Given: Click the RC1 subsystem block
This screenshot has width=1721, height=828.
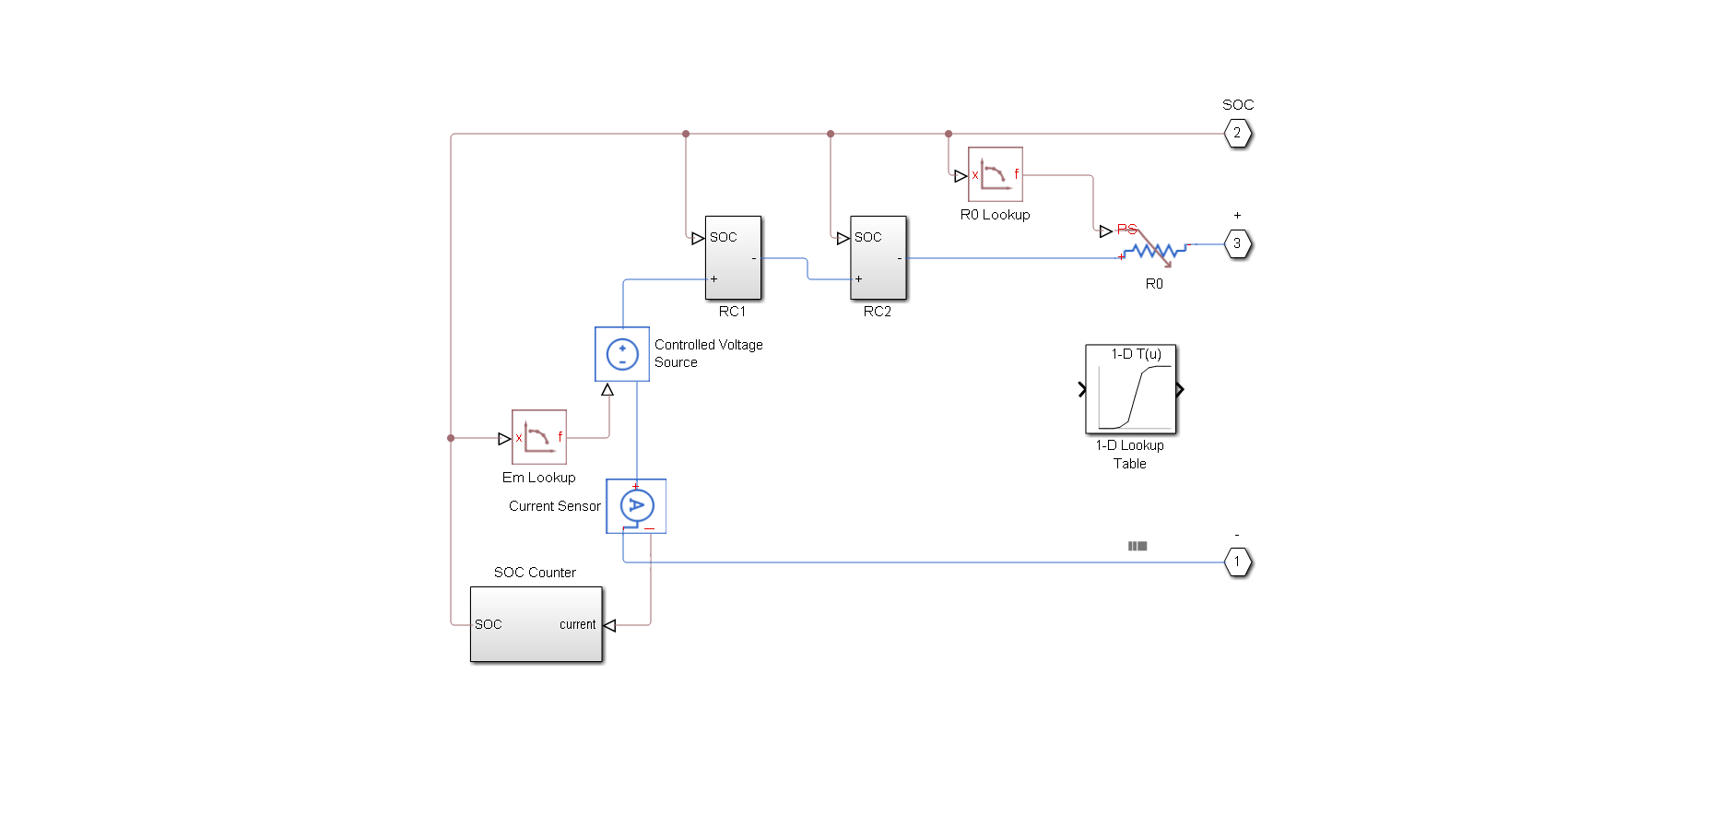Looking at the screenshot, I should click(x=733, y=258).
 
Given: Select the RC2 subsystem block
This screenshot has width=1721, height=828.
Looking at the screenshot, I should click(x=878, y=258).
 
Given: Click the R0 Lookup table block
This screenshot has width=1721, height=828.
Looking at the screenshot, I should click(x=995, y=174).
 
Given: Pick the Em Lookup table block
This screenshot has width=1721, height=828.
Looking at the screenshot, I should click(x=538, y=437).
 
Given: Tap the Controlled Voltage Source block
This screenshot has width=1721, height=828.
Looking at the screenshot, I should click(x=622, y=354).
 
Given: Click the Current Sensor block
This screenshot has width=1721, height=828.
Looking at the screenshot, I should click(x=636, y=505).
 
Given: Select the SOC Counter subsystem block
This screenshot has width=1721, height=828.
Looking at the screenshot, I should click(x=536, y=624).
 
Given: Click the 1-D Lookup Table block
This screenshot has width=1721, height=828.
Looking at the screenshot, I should click(x=1130, y=389).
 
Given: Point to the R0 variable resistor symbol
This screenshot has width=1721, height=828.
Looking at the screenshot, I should click(x=1153, y=250).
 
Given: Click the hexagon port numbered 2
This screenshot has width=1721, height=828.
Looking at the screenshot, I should click(x=1237, y=134).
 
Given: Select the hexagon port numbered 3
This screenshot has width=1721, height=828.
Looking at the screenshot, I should click(x=1237, y=244).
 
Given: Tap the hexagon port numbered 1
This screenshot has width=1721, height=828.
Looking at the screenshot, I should click(x=1237, y=562).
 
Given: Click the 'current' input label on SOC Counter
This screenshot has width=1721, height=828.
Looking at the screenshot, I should click(x=577, y=624).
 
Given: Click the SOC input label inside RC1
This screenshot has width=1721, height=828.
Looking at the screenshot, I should click(x=724, y=237).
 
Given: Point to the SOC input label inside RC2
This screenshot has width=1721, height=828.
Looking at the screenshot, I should click(x=868, y=237).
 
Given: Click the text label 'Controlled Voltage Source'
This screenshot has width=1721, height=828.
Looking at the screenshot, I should click(x=708, y=353).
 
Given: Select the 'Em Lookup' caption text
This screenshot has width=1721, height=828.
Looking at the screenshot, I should click(x=538, y=478).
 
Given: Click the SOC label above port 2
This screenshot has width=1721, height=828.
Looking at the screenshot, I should click(x=1238, y=105).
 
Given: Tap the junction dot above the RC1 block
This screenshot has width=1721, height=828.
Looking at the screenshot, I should click(x=686, y=134).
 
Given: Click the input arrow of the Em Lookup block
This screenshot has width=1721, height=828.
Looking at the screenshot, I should click(x=504, y=439).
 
